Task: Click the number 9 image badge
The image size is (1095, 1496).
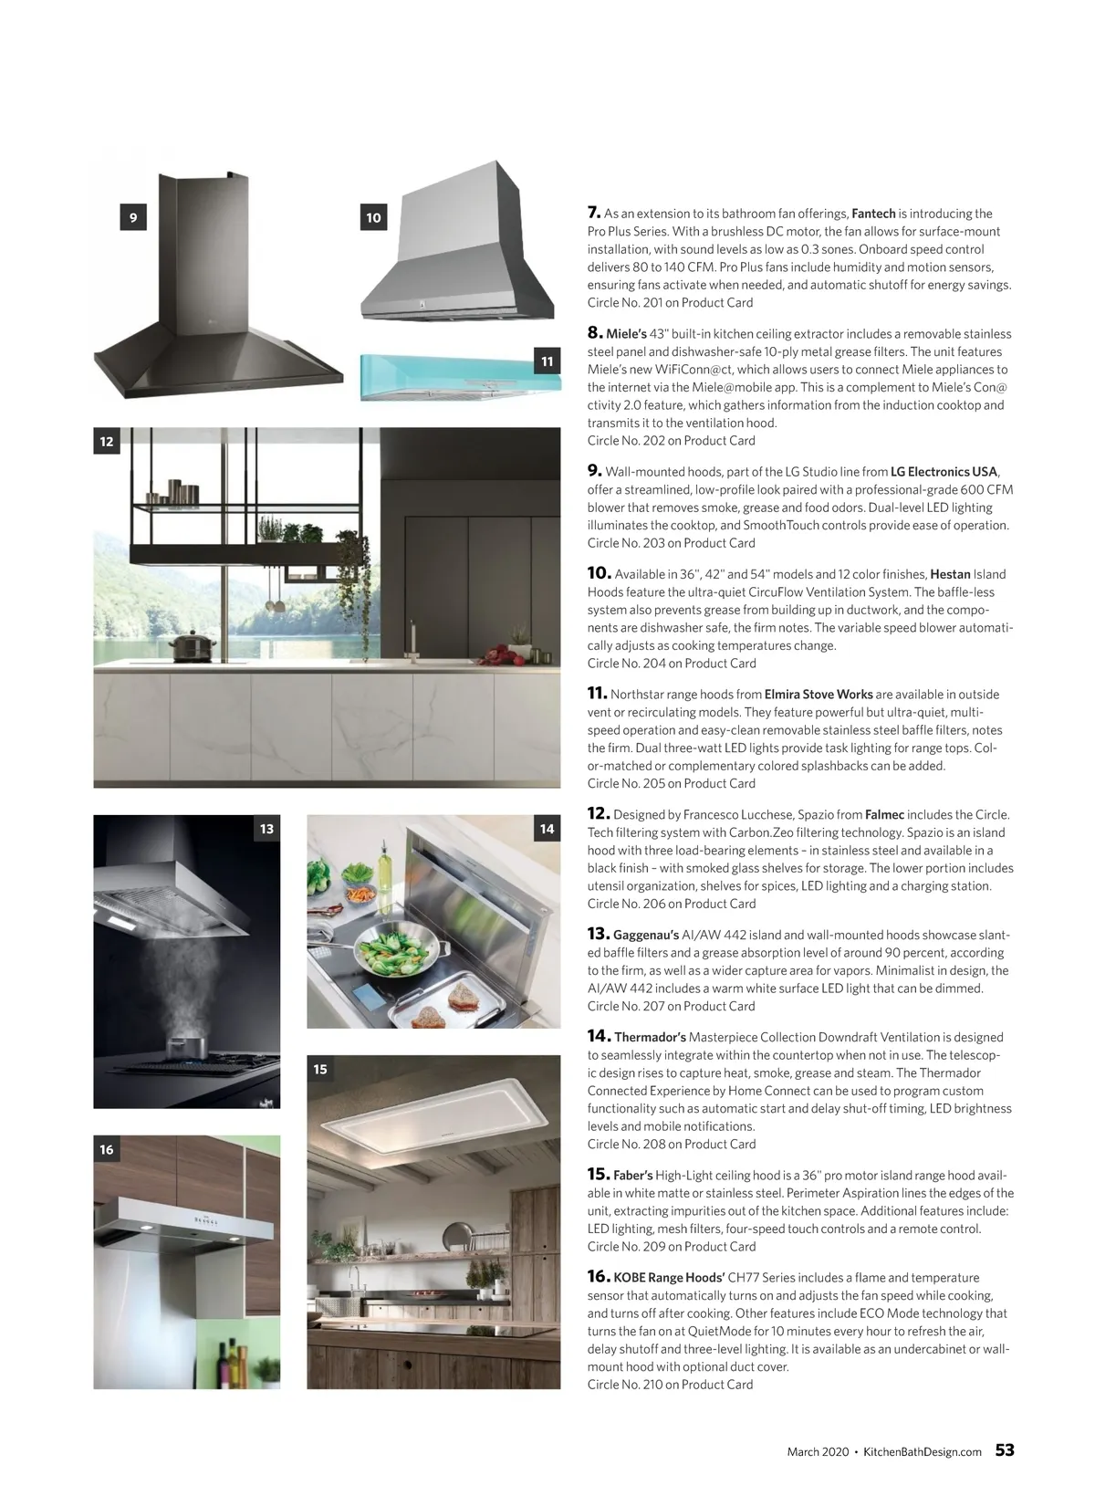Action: tap(133, 217)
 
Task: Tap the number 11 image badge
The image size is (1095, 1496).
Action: tap(547, 361)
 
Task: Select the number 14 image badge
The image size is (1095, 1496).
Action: tap(547, 829)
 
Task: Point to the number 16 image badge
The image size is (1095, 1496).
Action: tap(107, 1149)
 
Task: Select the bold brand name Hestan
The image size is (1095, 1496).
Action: tap(950, 574)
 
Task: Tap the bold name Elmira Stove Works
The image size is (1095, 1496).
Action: tap(819, 695)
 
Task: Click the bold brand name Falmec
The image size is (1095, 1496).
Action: tap(884, 814)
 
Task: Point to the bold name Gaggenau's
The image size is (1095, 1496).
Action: tap(646, 935)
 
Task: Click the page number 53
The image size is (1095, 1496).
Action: tap(1005, 1450)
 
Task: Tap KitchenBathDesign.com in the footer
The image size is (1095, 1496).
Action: tap(922, 1451)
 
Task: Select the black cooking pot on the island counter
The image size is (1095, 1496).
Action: tap(193, 645)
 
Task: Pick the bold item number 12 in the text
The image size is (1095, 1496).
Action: tap(598, 813)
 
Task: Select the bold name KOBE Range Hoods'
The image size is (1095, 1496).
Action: tap(669, 1278)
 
